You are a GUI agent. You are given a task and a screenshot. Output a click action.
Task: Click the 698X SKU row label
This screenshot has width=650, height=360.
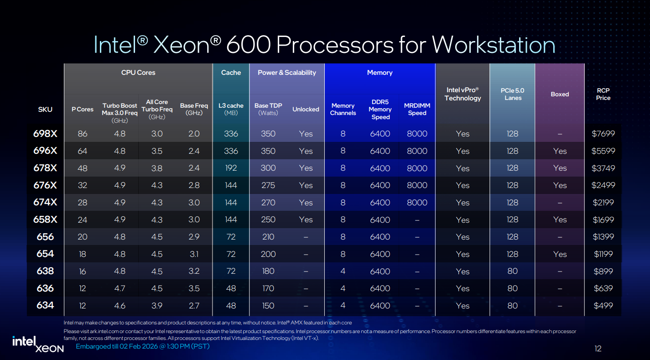point(45,134)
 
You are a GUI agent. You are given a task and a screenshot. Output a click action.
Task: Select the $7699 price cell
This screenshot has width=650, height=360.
point(603,134)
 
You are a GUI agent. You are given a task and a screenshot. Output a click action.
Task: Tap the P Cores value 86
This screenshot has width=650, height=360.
point(83,134)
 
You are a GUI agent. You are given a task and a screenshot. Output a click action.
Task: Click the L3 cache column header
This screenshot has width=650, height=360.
point(231,109)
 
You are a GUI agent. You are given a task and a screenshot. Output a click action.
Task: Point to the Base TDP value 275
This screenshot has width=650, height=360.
point(268,185)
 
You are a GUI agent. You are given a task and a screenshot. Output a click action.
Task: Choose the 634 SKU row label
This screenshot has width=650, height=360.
point(45,305)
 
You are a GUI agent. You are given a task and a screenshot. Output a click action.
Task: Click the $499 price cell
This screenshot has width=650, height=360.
point(603,306)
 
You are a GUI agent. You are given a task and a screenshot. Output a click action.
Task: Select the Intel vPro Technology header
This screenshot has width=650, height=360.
point(463,94)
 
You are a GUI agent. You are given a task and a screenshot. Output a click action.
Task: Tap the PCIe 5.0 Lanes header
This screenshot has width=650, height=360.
point(513,94)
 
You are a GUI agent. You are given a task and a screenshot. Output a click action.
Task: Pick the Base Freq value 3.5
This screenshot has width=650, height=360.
point(194,288)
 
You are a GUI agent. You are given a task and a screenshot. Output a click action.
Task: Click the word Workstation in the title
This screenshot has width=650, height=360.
point(494,45)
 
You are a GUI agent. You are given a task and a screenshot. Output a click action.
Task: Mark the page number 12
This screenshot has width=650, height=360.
point(598,349)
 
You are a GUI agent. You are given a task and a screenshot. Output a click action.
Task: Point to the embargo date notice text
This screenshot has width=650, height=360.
point(142,347)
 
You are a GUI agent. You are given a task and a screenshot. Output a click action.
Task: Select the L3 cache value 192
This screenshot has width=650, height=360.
point(231,168)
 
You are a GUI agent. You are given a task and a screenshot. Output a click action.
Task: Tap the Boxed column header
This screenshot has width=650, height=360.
point(560,94)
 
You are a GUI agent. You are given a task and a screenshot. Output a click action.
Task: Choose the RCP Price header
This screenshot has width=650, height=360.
point(603,94)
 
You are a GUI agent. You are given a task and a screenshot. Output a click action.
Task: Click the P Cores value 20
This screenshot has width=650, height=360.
point(83,237)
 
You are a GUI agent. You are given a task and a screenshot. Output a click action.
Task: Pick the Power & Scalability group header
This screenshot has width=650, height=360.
point(287,73)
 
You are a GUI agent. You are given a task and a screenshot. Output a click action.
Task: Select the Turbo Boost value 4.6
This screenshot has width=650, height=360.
point(120,306)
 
